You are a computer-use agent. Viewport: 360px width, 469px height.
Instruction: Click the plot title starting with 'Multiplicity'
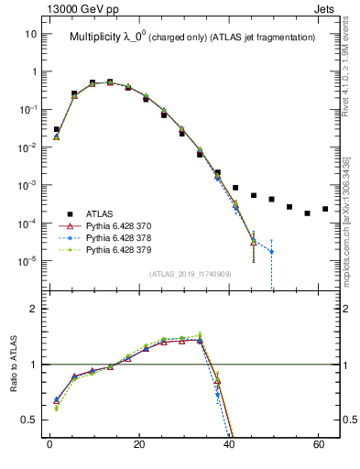tap(192, 38)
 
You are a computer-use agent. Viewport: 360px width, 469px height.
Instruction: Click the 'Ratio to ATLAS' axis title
tap(14, 364)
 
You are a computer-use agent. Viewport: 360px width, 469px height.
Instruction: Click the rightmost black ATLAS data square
tap(325, 209)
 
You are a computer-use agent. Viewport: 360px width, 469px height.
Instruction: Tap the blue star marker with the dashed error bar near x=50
tap(271, 251)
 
